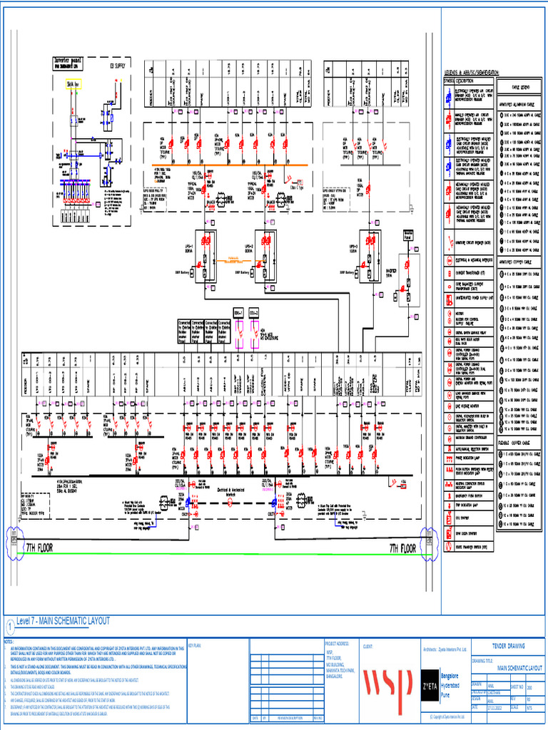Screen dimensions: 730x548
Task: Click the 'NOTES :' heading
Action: (9, 642)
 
